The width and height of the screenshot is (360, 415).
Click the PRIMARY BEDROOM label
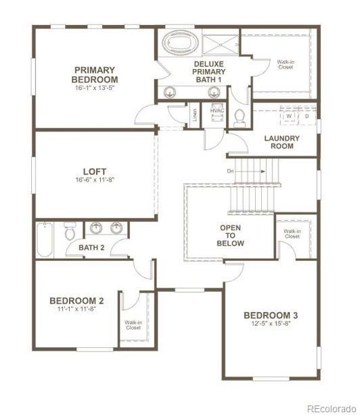(104, 74)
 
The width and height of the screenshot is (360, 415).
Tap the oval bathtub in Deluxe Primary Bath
(179, 44)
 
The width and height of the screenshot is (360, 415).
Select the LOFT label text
(94, 171)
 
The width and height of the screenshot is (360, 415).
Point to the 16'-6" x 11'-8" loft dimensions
(94, 181)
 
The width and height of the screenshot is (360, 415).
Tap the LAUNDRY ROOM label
(282, 142)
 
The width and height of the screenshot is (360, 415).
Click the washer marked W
(289, 116)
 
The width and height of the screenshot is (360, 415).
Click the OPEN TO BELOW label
(231, 235)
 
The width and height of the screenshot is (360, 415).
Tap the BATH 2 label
(91, 247)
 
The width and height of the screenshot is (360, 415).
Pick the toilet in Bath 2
(70, 234)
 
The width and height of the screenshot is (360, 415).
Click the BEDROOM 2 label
(77, 301)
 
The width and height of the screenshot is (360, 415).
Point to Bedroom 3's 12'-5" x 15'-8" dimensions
(271, 326)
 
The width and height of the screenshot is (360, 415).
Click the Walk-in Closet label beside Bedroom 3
(292, 234)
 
